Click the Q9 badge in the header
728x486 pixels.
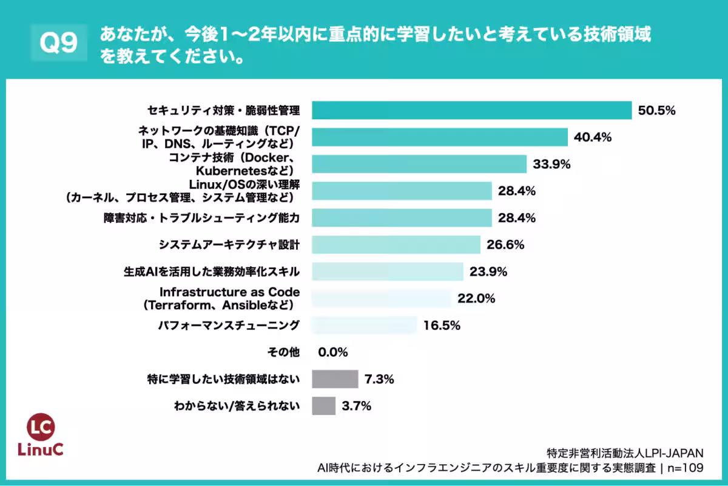coord(59,44)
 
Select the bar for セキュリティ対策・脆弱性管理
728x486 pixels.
coord(471,111)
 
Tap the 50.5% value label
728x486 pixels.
coord(656,111)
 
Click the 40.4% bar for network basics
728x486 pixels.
coord(439,137)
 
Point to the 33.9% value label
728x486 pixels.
coord(552,164)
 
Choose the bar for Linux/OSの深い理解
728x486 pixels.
coord(401,191)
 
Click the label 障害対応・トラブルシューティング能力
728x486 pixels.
coord(201,217)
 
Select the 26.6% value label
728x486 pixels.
coord(505,245)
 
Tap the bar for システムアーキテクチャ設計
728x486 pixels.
coord(396,245)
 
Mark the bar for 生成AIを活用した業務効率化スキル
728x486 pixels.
coord(387,272)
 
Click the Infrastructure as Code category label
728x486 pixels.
coord(229,298)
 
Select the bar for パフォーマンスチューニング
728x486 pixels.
coord(364,325)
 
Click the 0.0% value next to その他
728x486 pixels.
coord(333,352)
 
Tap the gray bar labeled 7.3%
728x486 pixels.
coord(335,379)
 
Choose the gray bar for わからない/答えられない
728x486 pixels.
coord(323,406)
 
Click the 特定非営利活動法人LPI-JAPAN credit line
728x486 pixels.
coord(625,453)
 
